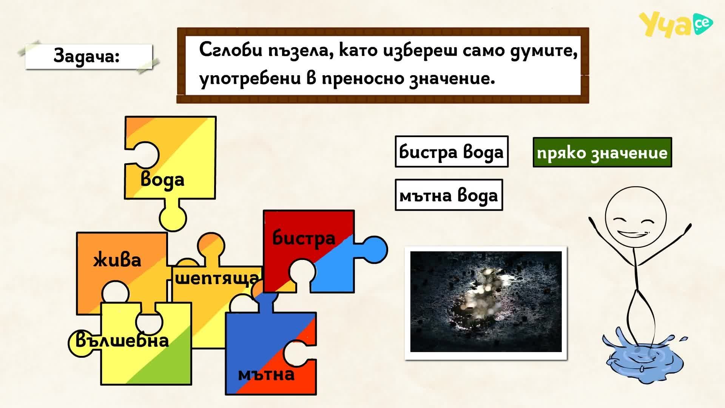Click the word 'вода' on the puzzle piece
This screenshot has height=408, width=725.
[x=162, y=180]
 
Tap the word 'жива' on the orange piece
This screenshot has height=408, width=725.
[x=117, y=260]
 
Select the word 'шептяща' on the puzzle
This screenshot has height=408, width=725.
[x=217, y=279]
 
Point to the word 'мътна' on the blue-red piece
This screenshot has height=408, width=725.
[x=266, y=374]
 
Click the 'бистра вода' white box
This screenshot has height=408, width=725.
[x=452, y=151]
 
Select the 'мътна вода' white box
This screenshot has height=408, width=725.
[x=449, y=195]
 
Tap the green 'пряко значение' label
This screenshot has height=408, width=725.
[x=602, y=152]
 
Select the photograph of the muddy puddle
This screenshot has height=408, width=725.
[x=486, y=303]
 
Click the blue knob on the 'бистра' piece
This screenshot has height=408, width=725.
[x=374, y=249]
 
